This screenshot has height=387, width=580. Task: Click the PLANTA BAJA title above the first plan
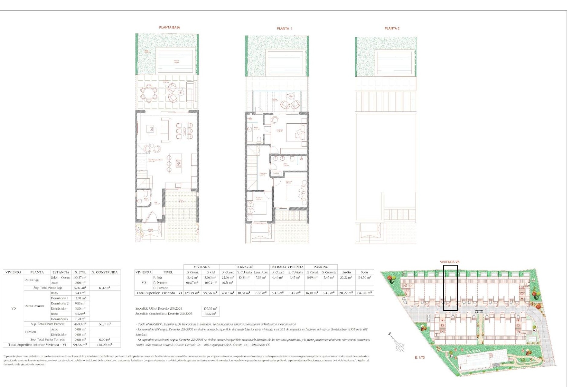click(169, 28)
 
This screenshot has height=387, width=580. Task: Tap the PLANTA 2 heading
click(392, 28)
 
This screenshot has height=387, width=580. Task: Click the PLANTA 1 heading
click(284, 29)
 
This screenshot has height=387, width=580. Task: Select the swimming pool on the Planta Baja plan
click(176, 61)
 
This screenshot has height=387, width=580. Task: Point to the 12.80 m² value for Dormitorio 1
click(80, 298)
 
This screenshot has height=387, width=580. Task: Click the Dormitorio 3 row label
click(59, 319)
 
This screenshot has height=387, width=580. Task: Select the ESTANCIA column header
click(60, 272)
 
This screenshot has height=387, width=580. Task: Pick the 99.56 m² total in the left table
click(80, 345)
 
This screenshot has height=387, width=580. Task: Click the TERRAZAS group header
click(244, 267)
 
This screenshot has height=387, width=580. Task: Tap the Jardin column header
click(346, 272)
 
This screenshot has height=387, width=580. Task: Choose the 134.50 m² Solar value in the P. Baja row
click(364, 278)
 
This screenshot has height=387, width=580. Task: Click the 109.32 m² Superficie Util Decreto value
click(210, 309)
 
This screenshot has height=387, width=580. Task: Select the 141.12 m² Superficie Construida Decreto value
click(210, 314)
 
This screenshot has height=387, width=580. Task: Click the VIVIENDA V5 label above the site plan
click(449, 262)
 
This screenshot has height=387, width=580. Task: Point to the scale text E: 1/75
click(420, 358)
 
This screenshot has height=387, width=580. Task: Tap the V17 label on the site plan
click(469, 313)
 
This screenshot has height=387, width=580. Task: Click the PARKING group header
click(321, 267)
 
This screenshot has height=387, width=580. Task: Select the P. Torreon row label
click(160, 288)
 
